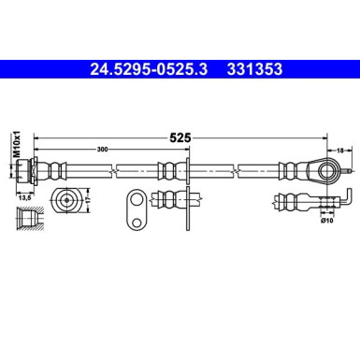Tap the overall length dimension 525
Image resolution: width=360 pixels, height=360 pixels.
click(180, 137)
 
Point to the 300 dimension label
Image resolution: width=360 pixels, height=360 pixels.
click(101, 148)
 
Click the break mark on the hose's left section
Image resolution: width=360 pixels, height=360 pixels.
click(114, 171)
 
